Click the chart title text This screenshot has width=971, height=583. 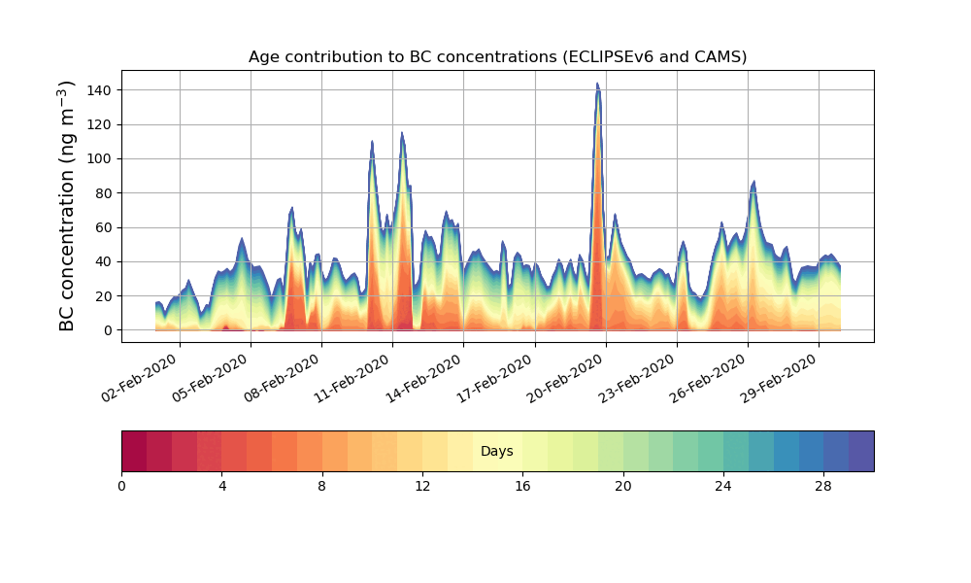click(x=497, y=56)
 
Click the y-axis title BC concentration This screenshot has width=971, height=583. click(x=67, y=206)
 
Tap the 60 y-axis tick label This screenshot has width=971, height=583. click(x=100, y=227)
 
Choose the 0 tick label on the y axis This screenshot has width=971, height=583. click(x=108, y=330)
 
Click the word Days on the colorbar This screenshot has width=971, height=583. click(x=497, y=452)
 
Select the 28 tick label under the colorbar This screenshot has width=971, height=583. click(x=823, y=486)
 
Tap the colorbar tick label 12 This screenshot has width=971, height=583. click(x=422, y=486)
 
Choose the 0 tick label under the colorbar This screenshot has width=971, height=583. click(x=121, y=486)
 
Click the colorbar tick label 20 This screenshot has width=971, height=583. click(x=623, y=486)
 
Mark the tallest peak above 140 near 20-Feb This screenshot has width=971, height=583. click(x=597, y=85)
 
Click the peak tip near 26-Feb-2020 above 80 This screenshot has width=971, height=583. click(x=753, y=182)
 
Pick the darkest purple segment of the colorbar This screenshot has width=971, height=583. click(x=861, y=451)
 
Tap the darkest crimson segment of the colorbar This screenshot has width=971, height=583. click(x=134, y=451)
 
